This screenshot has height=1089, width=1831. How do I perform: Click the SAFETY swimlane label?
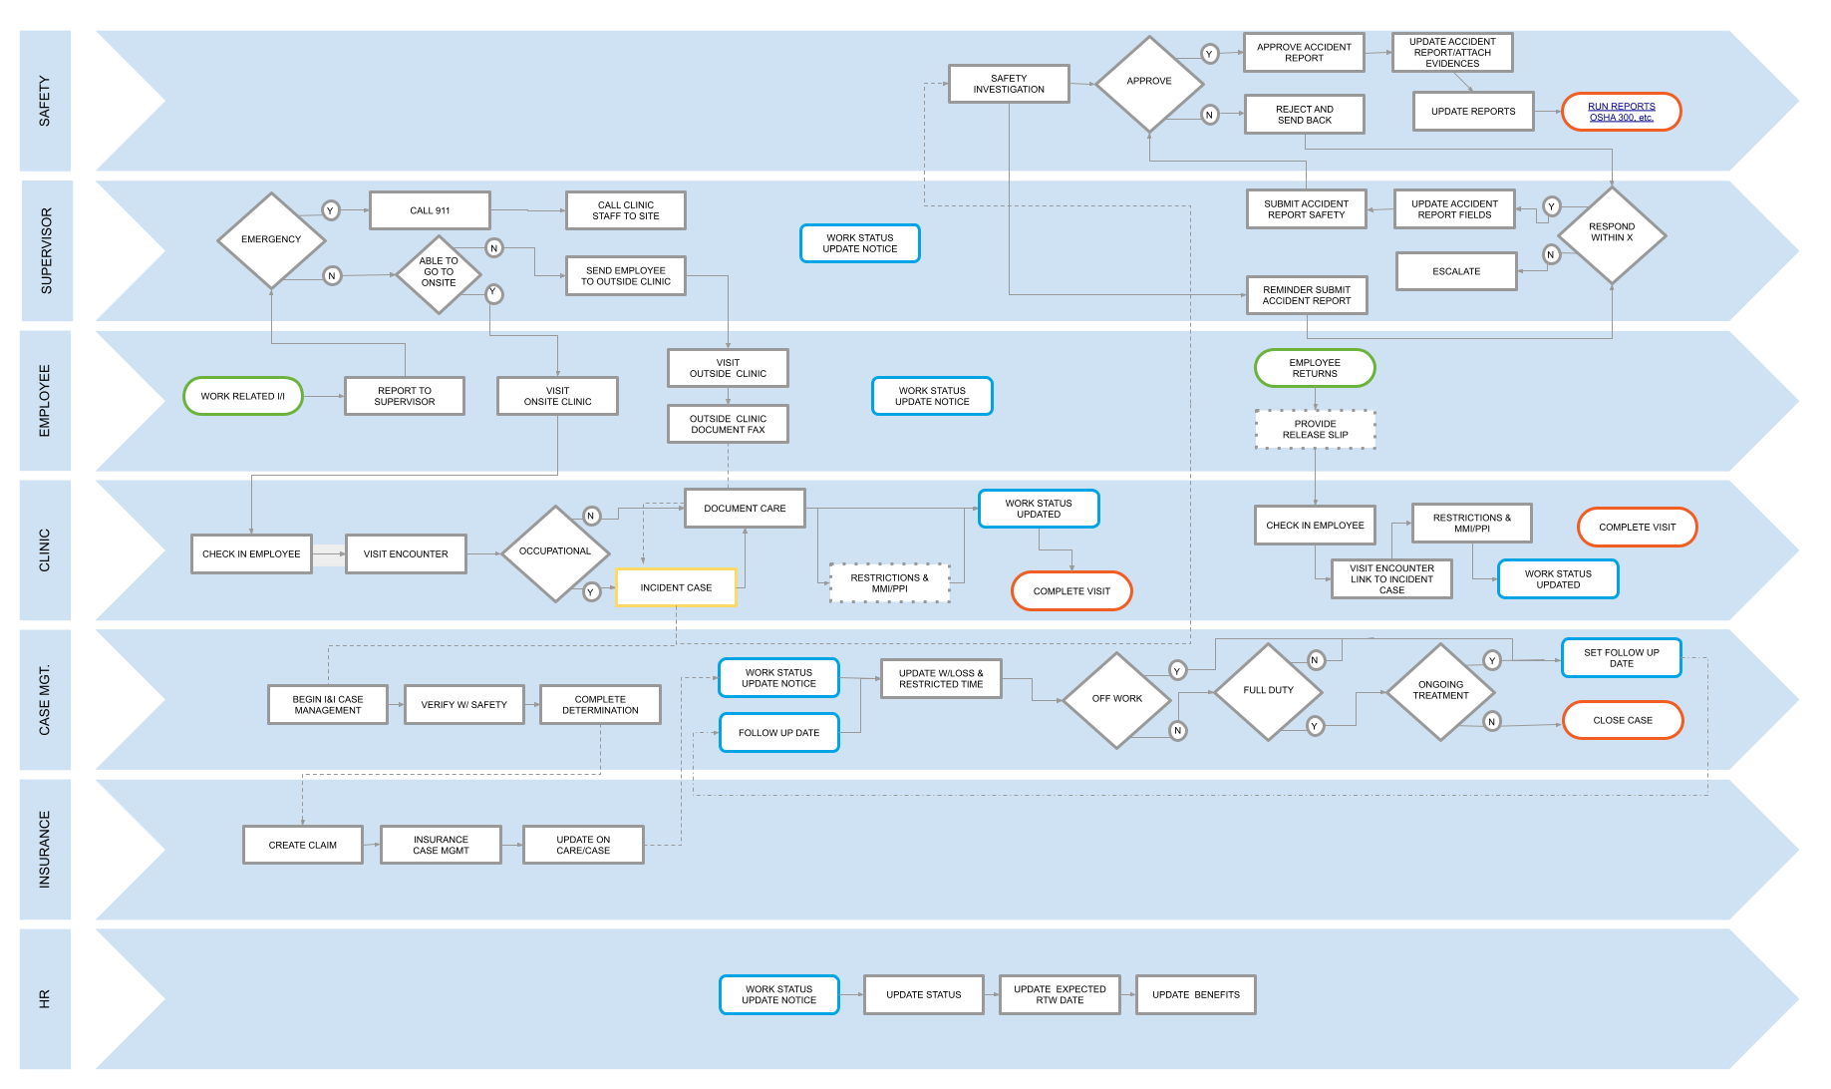pyautogui.click(x=45, y=101)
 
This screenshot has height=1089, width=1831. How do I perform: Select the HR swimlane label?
pyautogui.click(x=45, y=998)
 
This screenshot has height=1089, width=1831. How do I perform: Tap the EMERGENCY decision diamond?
pyautogui.click(x=271, y=239)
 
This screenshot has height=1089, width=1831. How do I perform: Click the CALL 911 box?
pyautogui.click(x=430, y=210)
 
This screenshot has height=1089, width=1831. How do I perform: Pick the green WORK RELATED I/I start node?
pyautogui.click(x=242, y=396)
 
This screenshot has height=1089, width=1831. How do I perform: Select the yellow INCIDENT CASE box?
pyautogui.click(x=676, y=587)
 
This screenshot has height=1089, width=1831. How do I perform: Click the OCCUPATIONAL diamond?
pyautogui.click(x=555, y=551)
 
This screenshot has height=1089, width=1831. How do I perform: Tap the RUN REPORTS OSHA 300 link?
pyautogui.click(x=1621, y=112)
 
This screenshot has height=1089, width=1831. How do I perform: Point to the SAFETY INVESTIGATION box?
pyautogui.click(x=1009, y=84)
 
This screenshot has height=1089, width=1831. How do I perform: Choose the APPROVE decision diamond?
pyautogui.click(x=1149, y=82)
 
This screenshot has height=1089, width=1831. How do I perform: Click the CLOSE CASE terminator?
pyautogui.click(x=1622, y=720)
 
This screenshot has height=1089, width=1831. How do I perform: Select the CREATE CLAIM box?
pyautogui.click(x=302, y=845)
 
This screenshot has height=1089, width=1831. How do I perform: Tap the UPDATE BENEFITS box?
pyautogui.click(x=1195, y=994)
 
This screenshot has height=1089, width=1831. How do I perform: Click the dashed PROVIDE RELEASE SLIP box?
pyautogui.click(x=1315, y=429)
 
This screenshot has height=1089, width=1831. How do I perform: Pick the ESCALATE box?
pyautogui.click(x=1456, y=271)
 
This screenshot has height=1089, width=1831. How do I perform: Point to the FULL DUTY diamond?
pyautogui.click(x=1268, y=690)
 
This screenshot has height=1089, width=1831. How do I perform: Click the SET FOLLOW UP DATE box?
pyautogui.click(x=1621, y=658)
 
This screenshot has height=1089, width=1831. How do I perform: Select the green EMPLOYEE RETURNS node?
pyautogui.click(x=1315, y=368)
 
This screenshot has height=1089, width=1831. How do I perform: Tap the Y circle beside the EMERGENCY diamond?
pyautogui.click(x=330, y=210)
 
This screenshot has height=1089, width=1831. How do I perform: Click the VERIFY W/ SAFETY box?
pyautogui.click(x=463, y=704)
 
